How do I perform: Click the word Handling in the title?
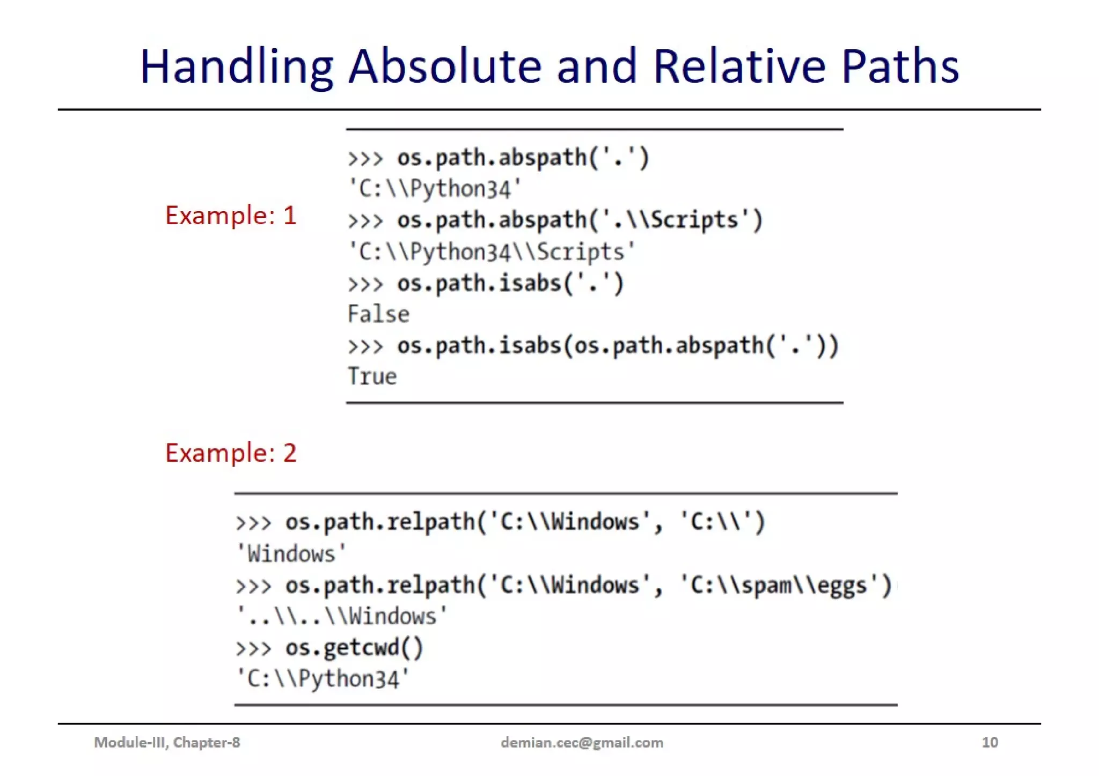click(236, 66)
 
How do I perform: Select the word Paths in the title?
click(900, 66)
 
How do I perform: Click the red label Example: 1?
click(231, 216)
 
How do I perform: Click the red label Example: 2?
click(231, 453)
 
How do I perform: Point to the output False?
click(378, 314)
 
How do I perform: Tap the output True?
click(372, 376)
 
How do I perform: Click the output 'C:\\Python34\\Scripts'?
click(491, 252)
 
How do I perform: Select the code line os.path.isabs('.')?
click(510, 283)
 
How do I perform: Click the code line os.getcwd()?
click(354, 648)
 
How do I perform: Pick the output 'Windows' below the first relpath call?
click(291, 553)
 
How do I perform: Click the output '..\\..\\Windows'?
click(342, 616)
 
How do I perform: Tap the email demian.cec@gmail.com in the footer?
click(582, 742)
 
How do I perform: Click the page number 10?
click(990, 742)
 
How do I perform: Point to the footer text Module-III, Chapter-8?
click(167, 742)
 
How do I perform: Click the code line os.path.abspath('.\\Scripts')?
click(580, 220)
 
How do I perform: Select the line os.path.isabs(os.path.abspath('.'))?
click(617, 346)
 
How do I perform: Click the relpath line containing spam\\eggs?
click(588, 585)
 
